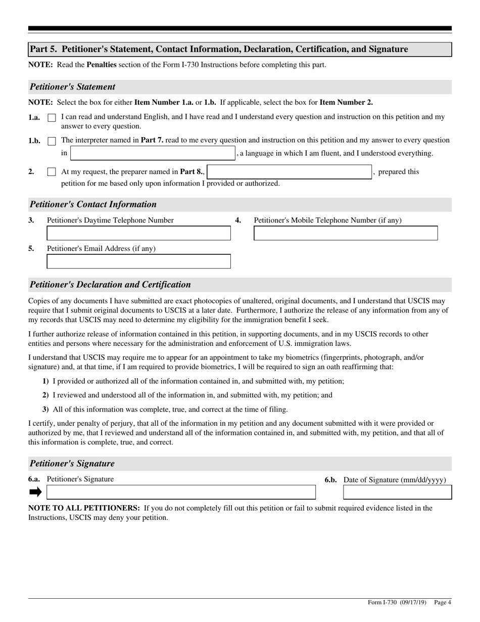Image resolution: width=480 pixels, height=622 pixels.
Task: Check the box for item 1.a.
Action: pos(52,118)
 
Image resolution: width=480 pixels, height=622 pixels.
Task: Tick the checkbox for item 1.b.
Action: pos(52,141)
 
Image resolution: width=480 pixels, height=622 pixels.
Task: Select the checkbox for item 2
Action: pos(52,172)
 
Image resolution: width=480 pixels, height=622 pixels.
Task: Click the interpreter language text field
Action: pos(153,153)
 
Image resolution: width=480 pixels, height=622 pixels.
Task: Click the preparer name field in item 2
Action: pos(290,172)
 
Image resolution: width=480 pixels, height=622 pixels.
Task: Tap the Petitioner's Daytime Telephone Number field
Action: pos(138,233)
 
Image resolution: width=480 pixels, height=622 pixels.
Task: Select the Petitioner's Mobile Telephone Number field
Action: pos(346,233)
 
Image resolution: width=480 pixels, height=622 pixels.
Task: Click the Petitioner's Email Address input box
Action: pos(138,261)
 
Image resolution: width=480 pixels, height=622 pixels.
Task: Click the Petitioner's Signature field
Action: pos(181,492)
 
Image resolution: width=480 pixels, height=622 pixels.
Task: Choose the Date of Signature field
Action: pos(398,492)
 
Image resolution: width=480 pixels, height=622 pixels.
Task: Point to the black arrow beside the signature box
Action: pos(35,492)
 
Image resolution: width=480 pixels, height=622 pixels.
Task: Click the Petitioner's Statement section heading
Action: pos(72,87)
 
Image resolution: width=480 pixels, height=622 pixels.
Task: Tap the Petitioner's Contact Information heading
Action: pos(93,204)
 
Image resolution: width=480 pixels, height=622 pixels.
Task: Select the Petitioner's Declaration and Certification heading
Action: pos(110,285)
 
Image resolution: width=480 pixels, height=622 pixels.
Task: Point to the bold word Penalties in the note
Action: pos(102,65)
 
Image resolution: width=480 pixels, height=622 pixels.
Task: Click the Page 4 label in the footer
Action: pos(442,602)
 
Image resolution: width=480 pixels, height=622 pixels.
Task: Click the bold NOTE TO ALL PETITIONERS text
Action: pos(84,508)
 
